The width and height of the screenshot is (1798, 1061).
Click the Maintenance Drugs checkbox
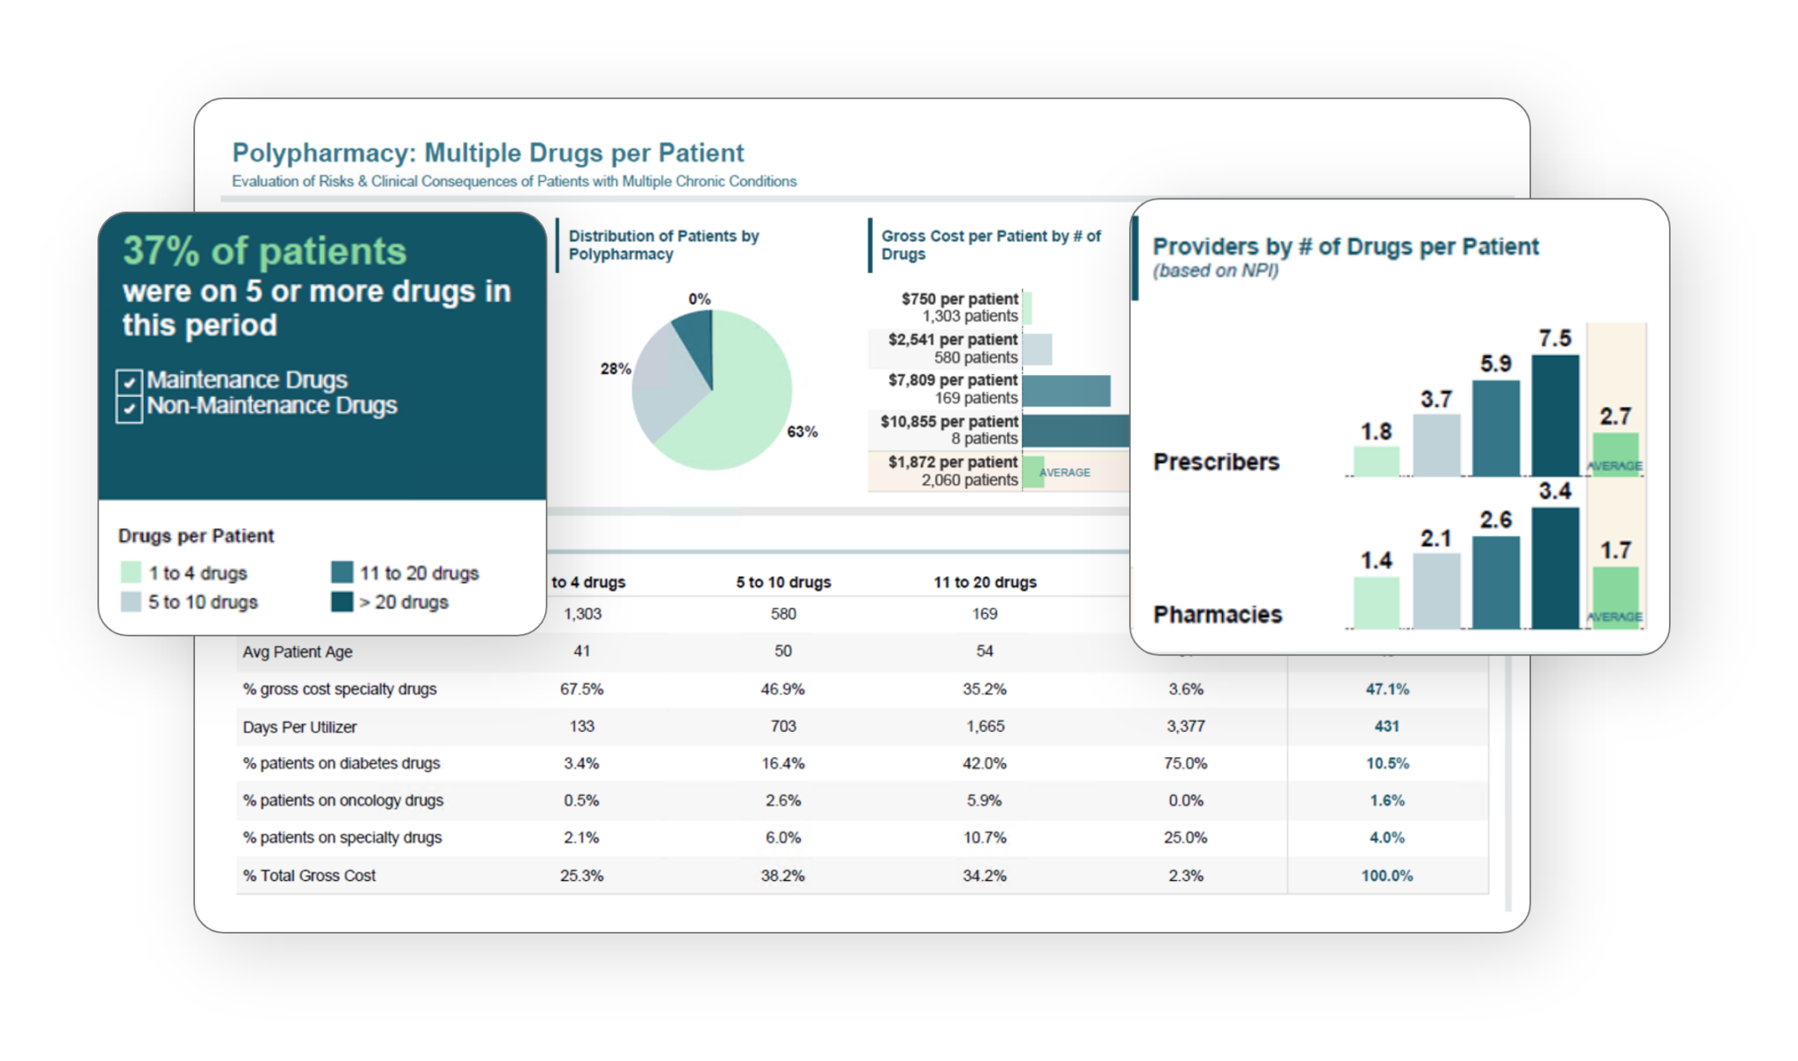129,382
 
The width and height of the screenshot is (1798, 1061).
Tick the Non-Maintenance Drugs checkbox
129,408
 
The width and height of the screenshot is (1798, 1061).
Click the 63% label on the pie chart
802,431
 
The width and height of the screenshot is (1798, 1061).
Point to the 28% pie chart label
615,369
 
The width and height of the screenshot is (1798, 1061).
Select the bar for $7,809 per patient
1066,391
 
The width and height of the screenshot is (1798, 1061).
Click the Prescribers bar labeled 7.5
1555,415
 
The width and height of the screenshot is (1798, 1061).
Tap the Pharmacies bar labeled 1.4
1376,603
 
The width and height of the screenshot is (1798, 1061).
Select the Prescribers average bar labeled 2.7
1615,452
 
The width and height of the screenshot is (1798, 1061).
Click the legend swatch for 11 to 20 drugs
342,573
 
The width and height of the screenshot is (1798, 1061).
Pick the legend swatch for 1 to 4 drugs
131,573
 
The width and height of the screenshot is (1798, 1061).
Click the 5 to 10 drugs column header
783,582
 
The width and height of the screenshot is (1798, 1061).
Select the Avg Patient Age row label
298,652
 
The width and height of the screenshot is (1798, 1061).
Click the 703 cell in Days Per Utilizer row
783,726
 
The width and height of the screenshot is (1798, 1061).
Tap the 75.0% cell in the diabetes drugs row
1185,763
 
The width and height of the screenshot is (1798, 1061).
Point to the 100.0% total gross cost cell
1387,876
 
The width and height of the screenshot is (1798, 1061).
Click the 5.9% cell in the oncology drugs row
984,800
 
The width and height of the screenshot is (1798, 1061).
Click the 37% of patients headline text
264,251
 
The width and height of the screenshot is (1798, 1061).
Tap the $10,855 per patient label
949,422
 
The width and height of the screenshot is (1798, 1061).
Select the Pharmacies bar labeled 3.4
1555,567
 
